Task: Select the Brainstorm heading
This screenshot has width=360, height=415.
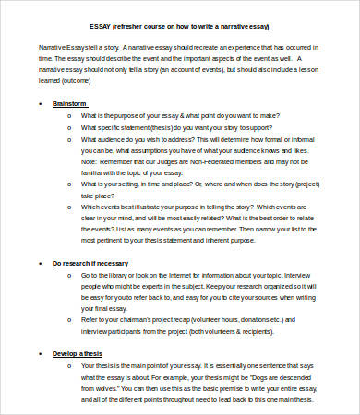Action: [x=69, y=102]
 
